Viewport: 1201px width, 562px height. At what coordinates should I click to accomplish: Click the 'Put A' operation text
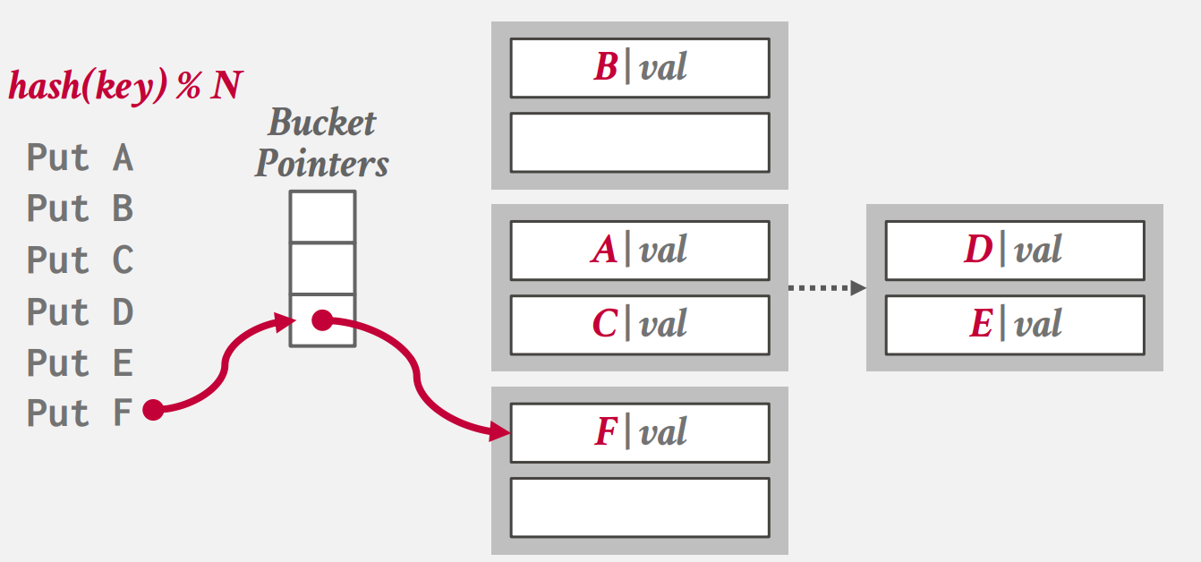point(80,158)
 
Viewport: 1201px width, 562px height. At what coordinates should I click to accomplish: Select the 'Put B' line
point(80,209)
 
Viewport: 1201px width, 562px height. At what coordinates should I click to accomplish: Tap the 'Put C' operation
point(80,260)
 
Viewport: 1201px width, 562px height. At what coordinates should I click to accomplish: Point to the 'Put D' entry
point(80,311)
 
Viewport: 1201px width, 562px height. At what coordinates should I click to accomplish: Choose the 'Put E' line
point(80,362)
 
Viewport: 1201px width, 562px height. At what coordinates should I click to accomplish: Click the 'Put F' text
point(80,413)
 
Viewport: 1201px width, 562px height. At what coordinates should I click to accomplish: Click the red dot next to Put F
point(153,411)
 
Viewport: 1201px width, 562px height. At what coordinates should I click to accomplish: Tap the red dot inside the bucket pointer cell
point(321,320)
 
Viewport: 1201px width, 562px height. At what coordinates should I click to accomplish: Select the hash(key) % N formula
point(125,87)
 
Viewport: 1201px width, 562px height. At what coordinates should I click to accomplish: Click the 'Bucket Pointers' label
point(322,143)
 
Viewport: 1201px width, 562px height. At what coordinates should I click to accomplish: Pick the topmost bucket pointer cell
point(322,217)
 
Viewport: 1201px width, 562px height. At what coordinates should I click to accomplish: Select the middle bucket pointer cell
point(322,268)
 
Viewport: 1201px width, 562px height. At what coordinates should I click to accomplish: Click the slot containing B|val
point(640,68)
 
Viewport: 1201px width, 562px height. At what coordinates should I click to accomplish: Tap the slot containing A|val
point(640,251)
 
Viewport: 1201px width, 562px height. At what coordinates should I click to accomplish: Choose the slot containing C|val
point(640,325)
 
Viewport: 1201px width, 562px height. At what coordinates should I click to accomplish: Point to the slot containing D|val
point(1014,251)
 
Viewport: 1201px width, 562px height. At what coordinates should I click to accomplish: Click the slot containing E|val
point(1014,325)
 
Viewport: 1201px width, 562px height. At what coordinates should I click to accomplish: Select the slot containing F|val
point(640,433)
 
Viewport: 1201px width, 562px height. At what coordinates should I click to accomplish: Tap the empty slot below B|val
point(640,142)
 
